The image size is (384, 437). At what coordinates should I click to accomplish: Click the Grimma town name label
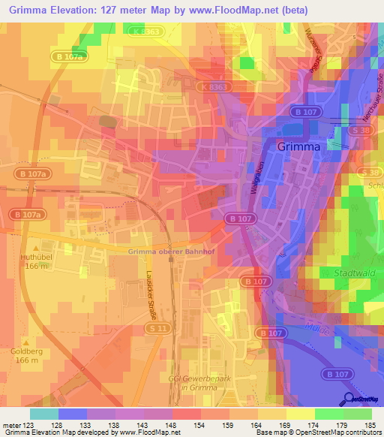click(298, 146)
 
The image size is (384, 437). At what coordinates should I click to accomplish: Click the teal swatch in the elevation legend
click(44, 414)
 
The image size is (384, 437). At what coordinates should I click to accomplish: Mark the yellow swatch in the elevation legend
click(301, 414)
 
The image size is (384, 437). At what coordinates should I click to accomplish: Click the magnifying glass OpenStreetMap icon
click(348, 399)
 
